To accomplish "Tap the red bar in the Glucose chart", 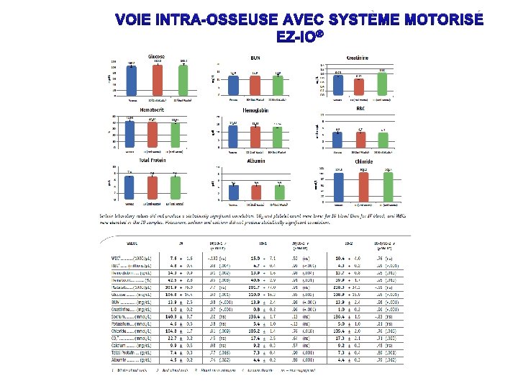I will (157, 79).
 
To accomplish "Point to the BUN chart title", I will (255, 57).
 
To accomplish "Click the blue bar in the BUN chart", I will (233, 84).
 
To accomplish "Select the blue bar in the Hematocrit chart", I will (130, 135).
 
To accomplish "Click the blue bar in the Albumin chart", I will (233, 192).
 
